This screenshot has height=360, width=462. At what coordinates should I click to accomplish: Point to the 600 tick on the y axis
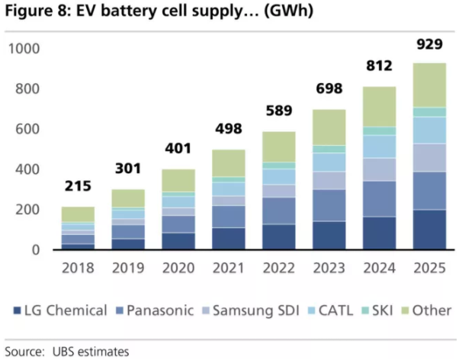click(24, 129)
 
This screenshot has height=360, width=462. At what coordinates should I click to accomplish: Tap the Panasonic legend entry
click(153, 310)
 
